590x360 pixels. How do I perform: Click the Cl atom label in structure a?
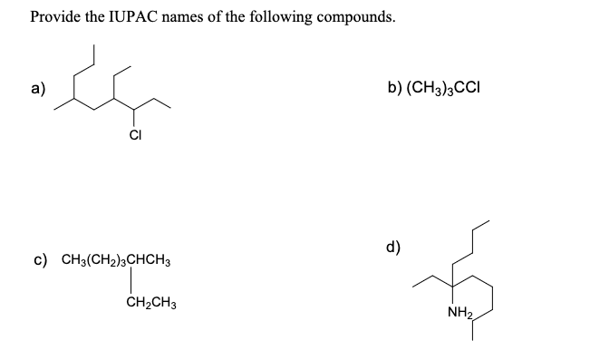click(133, 139)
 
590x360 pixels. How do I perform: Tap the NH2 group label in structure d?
click(459, 314)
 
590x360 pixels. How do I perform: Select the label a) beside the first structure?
click(39, 88)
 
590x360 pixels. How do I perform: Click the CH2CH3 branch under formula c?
click(151, 303)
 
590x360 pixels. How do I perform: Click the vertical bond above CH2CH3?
click(132, 282)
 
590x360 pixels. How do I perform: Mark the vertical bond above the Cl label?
click(133, 121)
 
